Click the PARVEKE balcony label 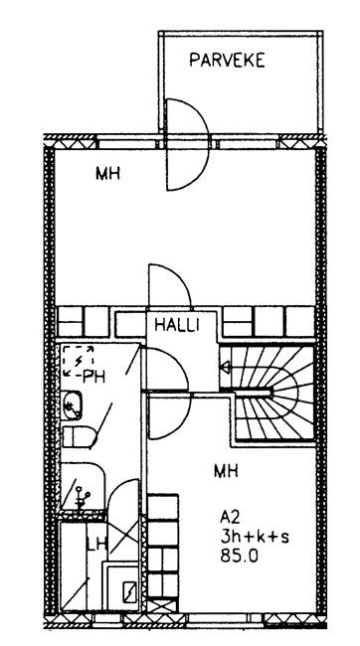pos(227,61)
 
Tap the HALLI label pos(176,325)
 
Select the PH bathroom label pos(93,376)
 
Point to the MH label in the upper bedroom pos(107,174)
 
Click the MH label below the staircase pos(226,470)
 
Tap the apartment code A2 pos(230,516)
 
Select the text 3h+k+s pos(255,537)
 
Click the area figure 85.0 pos(240,557)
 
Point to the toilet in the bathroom pos(79,436)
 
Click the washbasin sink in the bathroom pos(72,405)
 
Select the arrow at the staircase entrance pos(225,367)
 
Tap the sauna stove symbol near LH pos(130,592)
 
